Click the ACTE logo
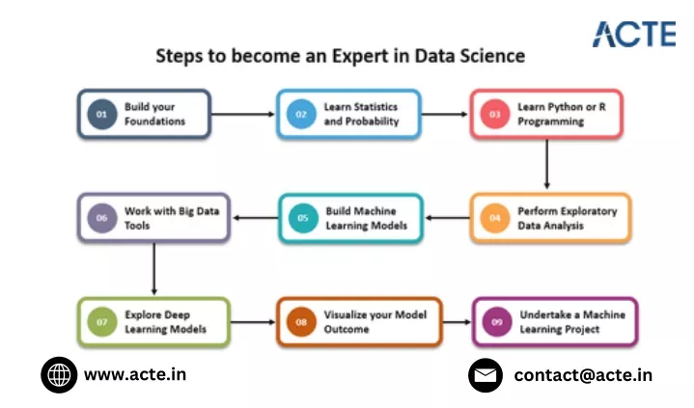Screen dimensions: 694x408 634,34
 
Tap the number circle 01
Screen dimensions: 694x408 101,114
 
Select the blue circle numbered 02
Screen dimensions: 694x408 301,114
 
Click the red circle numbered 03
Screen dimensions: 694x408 495,114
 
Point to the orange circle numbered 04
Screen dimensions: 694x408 495,218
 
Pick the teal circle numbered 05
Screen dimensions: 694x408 303,218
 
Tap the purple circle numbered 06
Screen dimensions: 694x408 101,218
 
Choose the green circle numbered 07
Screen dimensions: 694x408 101,322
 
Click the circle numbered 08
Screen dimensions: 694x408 301,322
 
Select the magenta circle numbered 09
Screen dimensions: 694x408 496,322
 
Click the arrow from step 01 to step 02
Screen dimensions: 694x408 243,114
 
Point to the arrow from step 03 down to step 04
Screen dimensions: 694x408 547,164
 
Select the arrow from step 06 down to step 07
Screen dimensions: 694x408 154,268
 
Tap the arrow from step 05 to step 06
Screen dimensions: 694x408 256,218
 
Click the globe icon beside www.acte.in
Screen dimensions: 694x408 59,375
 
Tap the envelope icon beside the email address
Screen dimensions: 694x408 486,375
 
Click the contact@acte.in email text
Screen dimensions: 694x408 583,375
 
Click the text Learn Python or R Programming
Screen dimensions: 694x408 562,114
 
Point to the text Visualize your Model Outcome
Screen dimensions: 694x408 375,322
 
